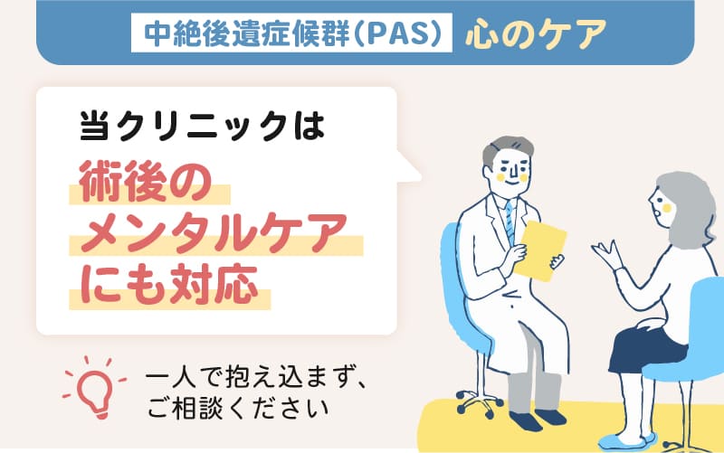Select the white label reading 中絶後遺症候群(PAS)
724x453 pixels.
[x=291, y=33]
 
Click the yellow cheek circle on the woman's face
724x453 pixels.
[x=667, y=210]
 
